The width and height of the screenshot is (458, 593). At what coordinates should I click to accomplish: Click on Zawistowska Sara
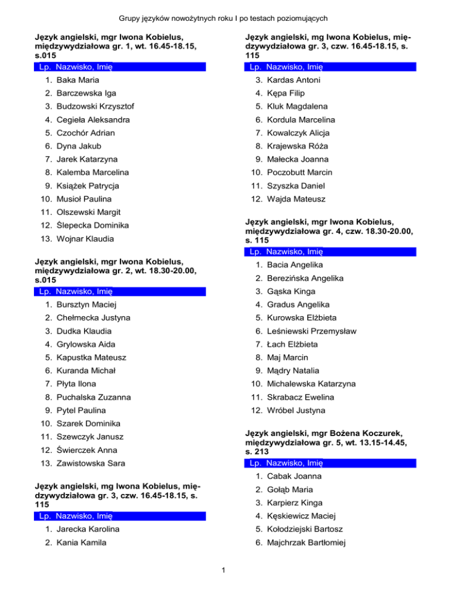[88, 463]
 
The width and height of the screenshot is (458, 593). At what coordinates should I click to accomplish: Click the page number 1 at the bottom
[222, 575]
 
